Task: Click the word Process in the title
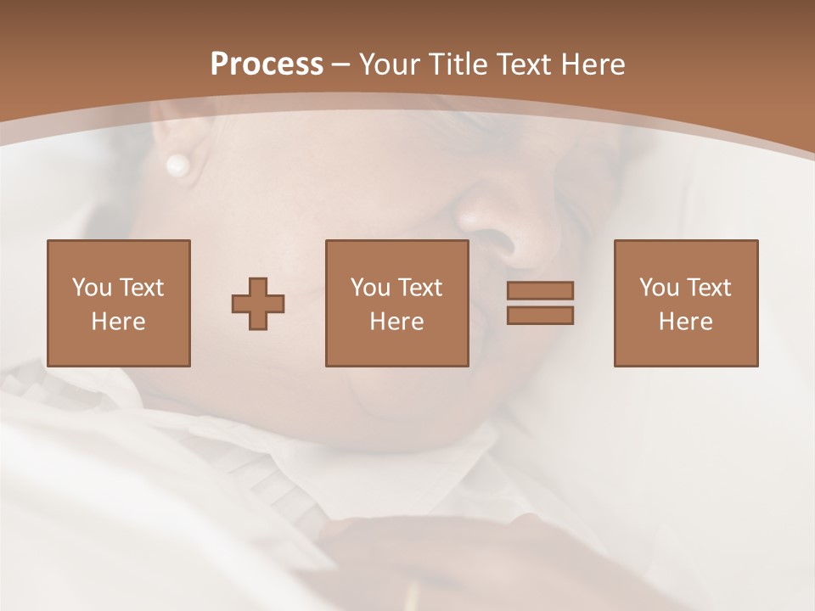(267, 64)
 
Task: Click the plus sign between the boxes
(258, 304)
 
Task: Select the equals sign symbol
(540, 303)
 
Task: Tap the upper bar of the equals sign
(540, 290)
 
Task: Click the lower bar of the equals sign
(540, 316)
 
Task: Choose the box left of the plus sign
(118, 303)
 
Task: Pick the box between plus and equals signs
(396, 303)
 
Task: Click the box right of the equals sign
(685, 303)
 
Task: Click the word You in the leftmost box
(91, 288)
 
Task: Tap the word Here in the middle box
(396, 322)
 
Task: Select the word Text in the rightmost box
(709, 288)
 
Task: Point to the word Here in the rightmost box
(685, 322)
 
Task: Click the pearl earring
(177, 165)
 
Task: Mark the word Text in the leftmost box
(141, 288)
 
